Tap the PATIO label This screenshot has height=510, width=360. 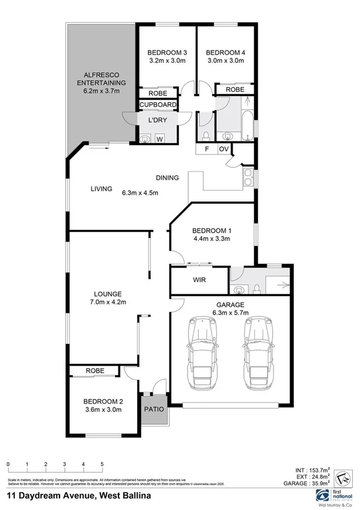(x=153, y=409)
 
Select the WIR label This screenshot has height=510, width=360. (x=200, y=280)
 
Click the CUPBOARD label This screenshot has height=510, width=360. (x=158, y=105)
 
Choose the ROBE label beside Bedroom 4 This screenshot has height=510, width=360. (x=234, y=89)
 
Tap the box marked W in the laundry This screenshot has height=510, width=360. (x=159, y=140)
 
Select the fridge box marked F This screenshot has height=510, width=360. (x=207, y=149)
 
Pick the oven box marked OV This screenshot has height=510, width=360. (x=223, y=149)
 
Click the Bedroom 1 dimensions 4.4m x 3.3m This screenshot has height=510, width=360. (x=212, y=239)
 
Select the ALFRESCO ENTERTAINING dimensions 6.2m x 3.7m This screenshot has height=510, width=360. (x=100, y=91)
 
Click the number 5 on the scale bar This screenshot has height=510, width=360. (x=102, y=464)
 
